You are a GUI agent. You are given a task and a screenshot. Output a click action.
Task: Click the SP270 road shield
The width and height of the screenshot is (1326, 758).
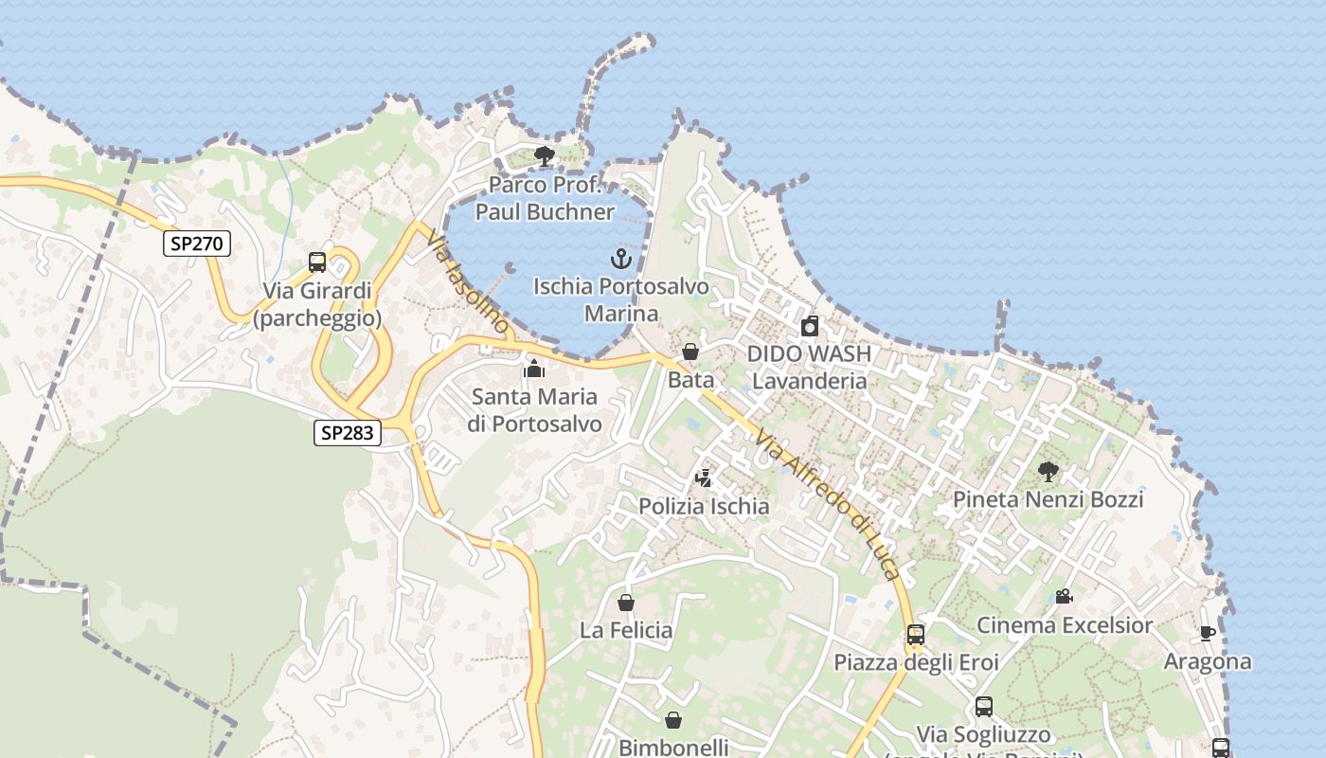tap(197, 244)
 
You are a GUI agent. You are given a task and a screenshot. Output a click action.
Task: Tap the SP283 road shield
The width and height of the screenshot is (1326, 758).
tap(348, 433)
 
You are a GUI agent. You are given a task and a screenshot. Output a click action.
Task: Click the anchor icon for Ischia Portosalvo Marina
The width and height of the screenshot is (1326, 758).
tap(620, 258)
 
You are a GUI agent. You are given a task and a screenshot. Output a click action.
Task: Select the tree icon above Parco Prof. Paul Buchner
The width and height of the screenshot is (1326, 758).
tap(544, 156)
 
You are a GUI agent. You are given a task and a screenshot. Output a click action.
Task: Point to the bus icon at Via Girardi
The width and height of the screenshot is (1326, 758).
tap(317, 262)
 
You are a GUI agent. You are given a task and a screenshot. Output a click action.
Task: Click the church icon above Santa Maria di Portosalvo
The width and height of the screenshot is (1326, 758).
tap(534, 369)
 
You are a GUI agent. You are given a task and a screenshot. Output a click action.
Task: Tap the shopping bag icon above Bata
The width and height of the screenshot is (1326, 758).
tap(690, 352)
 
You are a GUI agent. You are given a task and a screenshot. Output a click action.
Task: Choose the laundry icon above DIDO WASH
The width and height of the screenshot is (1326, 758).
tap(809, 327)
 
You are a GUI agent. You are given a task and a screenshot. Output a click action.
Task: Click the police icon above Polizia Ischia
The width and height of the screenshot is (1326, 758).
tap(703, 478)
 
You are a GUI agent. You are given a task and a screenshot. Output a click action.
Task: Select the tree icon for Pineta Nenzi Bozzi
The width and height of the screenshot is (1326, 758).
tap(1048, 471)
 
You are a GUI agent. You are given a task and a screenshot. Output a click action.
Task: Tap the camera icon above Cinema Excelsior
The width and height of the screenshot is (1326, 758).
tap(1064, 597)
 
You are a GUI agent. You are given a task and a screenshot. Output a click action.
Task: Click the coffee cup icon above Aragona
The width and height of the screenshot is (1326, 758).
tap(1207, 633)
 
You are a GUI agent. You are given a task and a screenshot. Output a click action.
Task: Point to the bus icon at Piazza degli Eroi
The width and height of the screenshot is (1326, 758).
tap(915, 635)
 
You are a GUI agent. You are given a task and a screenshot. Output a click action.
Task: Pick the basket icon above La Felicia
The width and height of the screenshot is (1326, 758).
tap(625, 602)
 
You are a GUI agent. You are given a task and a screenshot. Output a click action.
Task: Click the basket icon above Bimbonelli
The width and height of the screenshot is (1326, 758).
tap(672, 720)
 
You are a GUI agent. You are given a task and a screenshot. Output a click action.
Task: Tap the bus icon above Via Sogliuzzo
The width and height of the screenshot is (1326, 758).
tap(983, 707)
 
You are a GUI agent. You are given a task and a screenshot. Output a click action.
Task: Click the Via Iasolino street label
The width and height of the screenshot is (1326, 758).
tap(470, 283)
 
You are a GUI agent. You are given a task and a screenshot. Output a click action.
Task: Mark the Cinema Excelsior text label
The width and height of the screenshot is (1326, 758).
tap(1065, 625)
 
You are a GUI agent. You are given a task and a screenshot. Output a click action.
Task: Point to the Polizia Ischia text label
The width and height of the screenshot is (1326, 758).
tap(703, 506)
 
